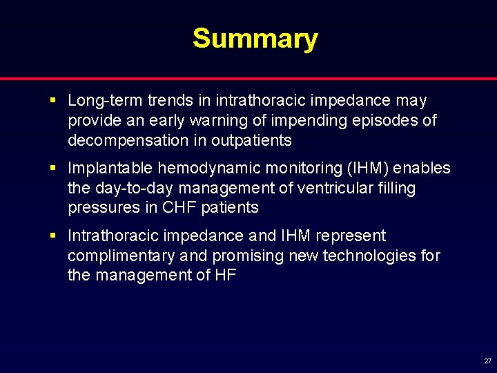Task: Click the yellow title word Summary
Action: point(255,39)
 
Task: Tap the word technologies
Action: point(367,256)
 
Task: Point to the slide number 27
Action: point(487,361)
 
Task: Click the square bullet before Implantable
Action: point(54,169)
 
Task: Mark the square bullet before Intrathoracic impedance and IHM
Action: point(54,236)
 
